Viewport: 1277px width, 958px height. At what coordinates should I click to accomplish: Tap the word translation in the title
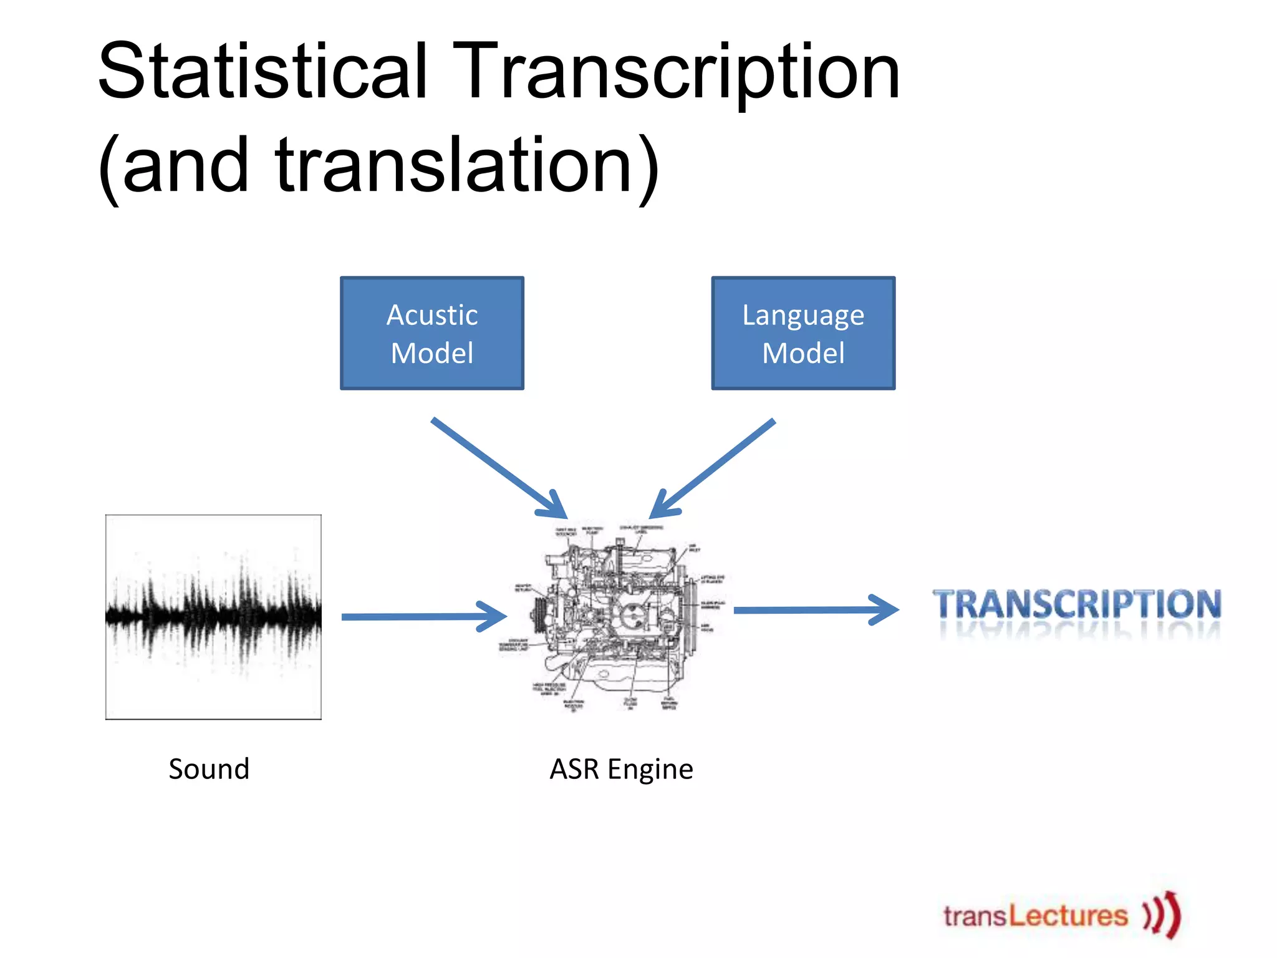[455, 165]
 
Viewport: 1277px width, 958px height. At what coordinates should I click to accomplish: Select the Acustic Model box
[431, 333]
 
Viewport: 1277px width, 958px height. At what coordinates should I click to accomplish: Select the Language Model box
[803, 333]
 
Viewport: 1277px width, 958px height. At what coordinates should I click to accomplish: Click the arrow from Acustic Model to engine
[499, 467]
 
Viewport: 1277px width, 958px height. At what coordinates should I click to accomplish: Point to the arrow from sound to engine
[424, 616]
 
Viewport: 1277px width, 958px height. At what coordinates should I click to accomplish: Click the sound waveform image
[213, 616]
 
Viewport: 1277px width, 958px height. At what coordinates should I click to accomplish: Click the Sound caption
[209, 769]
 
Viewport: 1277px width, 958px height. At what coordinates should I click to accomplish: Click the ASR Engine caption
[621, 769]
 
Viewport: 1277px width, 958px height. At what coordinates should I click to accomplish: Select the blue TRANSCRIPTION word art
[1077, 605]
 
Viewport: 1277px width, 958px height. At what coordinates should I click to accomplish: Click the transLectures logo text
[1035, 916]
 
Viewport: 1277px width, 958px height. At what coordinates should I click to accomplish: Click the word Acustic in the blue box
[431, 314]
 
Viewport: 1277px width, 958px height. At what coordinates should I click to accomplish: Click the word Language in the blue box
[803, 316]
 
